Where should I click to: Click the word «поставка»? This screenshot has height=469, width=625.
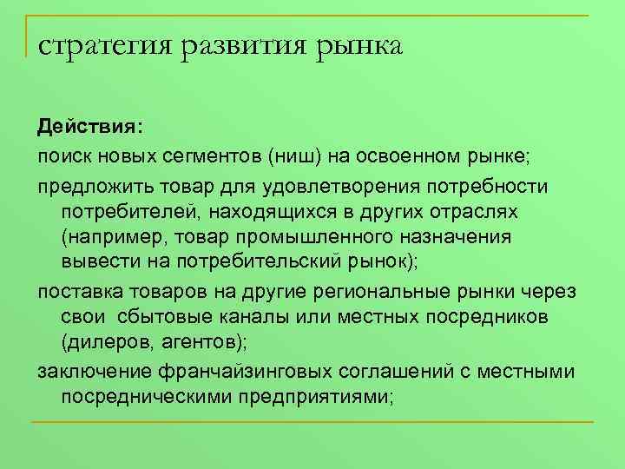point(76,291)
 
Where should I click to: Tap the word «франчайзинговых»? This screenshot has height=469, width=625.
point(248,372)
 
